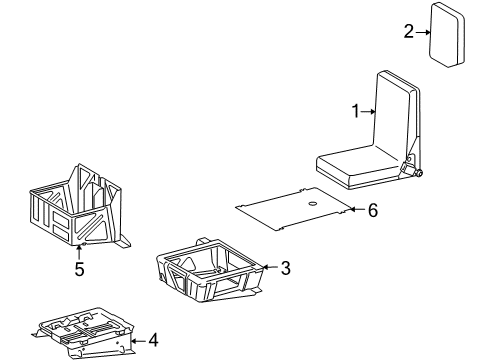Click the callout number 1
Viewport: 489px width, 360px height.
[x=355, y=112]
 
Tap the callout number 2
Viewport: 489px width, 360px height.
[x=408, y=32]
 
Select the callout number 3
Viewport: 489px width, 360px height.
[x=285, y=268]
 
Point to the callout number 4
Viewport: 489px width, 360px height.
[x=153, y=340]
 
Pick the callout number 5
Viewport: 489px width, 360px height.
[x=78, y=269]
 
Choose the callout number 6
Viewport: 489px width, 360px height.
[x=373, y=210]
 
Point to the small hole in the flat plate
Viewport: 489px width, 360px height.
[x=313, y=205]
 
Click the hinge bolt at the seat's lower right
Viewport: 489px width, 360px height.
[x=418, y=174]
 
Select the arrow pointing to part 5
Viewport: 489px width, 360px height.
[x=78, y=250]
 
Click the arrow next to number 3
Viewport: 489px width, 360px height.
[x=267, y=268]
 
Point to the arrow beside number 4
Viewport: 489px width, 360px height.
[x=135, y=340]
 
